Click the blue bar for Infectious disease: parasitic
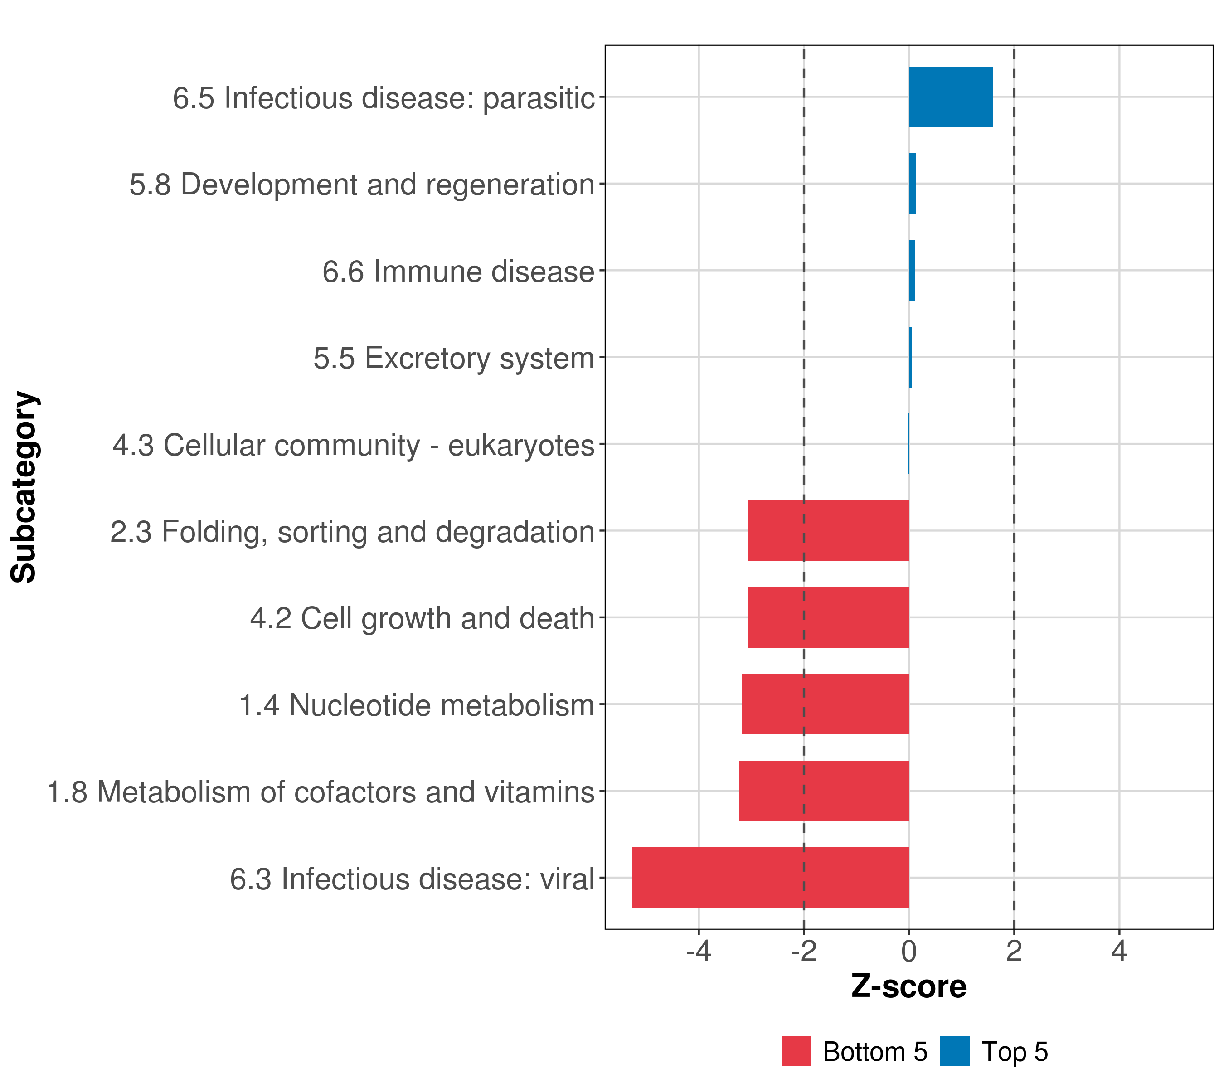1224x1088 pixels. click(x=950, y=97)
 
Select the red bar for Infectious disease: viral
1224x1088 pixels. click(x=770, y=877)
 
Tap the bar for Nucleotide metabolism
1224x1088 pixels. click(x=825, y=704)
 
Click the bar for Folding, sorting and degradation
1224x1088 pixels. click(x=828, y=530)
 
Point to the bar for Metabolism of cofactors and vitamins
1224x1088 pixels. click(x=824, y=791)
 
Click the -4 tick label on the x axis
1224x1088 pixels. click(x=698, y=951)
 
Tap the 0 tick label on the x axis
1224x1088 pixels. click(x=908, y=951)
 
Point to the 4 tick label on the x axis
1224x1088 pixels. click(x=1119, y=951)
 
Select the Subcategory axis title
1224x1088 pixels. click(x=24, y=487)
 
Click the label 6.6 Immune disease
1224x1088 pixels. click(x=458, y=271)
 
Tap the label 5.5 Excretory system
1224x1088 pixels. click(x=453, y=358)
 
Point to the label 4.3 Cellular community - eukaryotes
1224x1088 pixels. click(x=353, y=445)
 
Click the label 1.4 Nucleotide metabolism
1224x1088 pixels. click(x=416, y=705)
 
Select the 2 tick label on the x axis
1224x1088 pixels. click(x=1014, y=951)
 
